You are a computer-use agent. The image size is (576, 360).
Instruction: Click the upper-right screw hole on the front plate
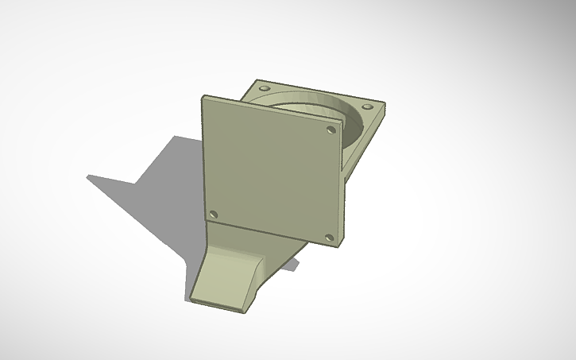click(x=329, y=128)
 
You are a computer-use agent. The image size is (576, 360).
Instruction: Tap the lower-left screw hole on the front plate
click(x=213, y=215)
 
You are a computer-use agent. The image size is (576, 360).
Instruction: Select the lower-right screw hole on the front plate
click(x=329, y=237)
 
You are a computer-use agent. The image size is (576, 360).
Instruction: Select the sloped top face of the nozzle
click(x=226, y=274)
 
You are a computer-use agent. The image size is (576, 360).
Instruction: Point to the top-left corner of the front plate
click(x=203, y=97)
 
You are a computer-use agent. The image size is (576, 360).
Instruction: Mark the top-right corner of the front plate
click(x=342, y=121)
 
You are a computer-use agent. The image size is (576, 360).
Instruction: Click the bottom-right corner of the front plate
click(x=341, y=244)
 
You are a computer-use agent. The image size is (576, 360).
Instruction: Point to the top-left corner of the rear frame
click(x=257, y=79)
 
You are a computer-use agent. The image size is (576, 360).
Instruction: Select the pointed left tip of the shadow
click(x=88, y=176)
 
